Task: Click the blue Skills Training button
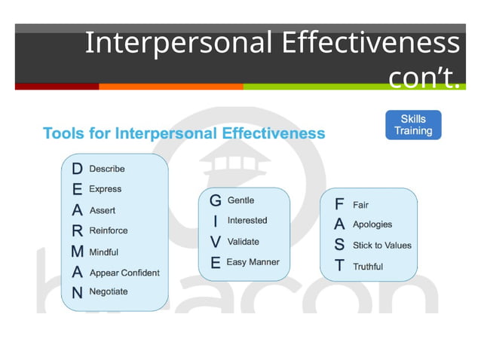(413, 125)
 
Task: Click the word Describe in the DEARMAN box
(107, 169)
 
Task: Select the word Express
(105, 189)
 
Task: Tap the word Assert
(103, 210)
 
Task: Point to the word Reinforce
(109, 230)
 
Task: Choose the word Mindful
(103, 252)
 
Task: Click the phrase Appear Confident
(124, 273)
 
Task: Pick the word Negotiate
(109, 291)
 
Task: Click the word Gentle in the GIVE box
(240, 200)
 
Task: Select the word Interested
(247, 221)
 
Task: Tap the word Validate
(243, 242)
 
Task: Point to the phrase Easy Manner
(253, 262)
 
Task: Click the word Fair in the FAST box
(360, 204)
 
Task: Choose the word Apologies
(372, 224)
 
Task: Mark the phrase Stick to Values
(382, 246)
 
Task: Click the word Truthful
(368, 267)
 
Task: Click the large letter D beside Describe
(77, 169)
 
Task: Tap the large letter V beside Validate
(216, 243)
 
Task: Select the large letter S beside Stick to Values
(339, 246)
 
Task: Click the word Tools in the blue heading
(63, 134)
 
